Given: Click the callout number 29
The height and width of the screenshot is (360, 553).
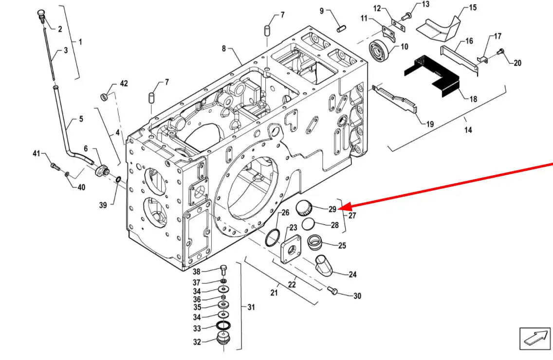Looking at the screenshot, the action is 332,210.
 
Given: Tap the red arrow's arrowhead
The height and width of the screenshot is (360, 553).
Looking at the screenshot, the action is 344,207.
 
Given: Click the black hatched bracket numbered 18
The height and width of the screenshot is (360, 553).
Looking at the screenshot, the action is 432,76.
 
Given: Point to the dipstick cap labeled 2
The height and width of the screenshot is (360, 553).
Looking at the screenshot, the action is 41,16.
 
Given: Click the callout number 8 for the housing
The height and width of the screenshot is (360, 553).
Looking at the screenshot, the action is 223,48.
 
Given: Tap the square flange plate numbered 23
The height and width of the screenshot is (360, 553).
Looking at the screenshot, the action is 291,249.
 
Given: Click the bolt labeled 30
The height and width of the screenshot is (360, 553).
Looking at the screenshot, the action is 332,291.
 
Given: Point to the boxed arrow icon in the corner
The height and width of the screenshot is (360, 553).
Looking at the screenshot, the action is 535,339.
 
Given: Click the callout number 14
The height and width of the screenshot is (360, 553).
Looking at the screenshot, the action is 468,130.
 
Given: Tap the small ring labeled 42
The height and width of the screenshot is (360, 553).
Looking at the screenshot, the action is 104,96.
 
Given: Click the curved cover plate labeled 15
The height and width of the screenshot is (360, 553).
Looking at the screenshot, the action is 439,28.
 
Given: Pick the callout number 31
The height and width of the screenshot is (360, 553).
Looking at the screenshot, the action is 251,307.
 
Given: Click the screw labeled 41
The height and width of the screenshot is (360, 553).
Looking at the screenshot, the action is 55,166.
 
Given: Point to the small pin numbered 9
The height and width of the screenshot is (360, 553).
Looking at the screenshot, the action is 341,29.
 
